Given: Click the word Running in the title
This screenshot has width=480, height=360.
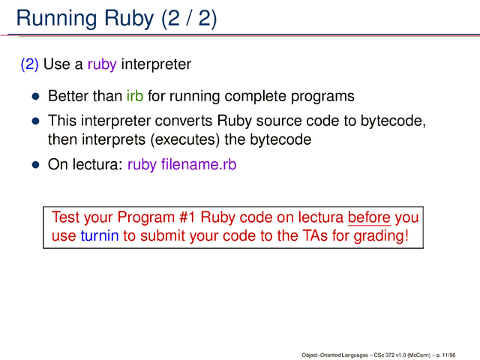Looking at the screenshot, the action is pyautogui.click(x=58, y=19).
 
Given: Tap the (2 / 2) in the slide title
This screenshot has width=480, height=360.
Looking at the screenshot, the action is pyautogui.click(x=189, y=18).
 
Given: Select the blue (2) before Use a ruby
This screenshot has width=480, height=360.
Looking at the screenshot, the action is pyautogui.click(x=29, y=64).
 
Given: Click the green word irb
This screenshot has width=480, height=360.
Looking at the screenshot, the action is pyautogui.click(x=135, y=96).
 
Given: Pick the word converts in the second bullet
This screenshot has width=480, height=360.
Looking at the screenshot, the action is pyautogui.click(x=183, y=121).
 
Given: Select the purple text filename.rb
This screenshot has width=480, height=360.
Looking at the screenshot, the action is pyautogui.click(x=199, y=164).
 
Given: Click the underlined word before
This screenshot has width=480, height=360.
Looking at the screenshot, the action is pyautogui.click(x=369, y=217).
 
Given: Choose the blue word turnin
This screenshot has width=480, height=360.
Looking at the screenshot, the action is pyautogui.click(x=100, y=236).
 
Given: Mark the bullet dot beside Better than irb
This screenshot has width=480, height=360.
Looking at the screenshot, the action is pyautogui.click(x=36, y=97).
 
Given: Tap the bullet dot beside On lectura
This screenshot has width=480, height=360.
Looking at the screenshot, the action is pyautogui.click(x=36, y=165).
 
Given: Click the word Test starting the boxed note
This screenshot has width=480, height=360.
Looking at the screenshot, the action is pyautogui.click(x=65, y=217).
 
